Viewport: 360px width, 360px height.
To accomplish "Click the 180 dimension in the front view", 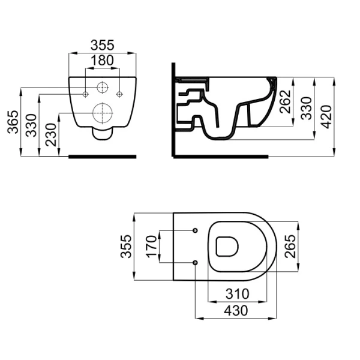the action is (102, 61).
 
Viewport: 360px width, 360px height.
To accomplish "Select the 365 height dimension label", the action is (13, 122).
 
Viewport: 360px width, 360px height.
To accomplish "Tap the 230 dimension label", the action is (51, 135).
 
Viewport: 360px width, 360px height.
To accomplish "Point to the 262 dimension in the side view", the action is (285, 101).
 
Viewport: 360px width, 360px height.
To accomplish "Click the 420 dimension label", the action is (326, 116).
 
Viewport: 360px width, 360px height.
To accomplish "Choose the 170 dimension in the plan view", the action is (152, 246).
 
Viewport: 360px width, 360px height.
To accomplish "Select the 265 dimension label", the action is (290, 247).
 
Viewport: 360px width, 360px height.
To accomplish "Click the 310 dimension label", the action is (237, 293).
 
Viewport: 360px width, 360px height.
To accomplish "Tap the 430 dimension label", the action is (236, 311).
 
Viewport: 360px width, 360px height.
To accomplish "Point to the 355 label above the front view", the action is (102, 45).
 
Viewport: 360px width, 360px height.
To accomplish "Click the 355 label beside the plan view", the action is (126, 247).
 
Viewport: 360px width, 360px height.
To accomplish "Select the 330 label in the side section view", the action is (306, 109).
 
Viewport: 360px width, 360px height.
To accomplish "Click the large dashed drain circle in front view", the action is (103, 113).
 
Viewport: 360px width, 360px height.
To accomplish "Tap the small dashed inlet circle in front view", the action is (103, 88).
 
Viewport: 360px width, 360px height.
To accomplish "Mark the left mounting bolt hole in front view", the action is (85, 94).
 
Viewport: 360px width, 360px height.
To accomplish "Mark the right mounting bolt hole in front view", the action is (119, 94).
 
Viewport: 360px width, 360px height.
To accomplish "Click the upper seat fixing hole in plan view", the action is (195, 230).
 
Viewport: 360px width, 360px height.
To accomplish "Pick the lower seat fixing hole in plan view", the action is (195, 262).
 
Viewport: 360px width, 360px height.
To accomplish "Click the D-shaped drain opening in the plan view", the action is (227, 247).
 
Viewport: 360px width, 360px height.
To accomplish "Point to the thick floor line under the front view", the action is (103, 157).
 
